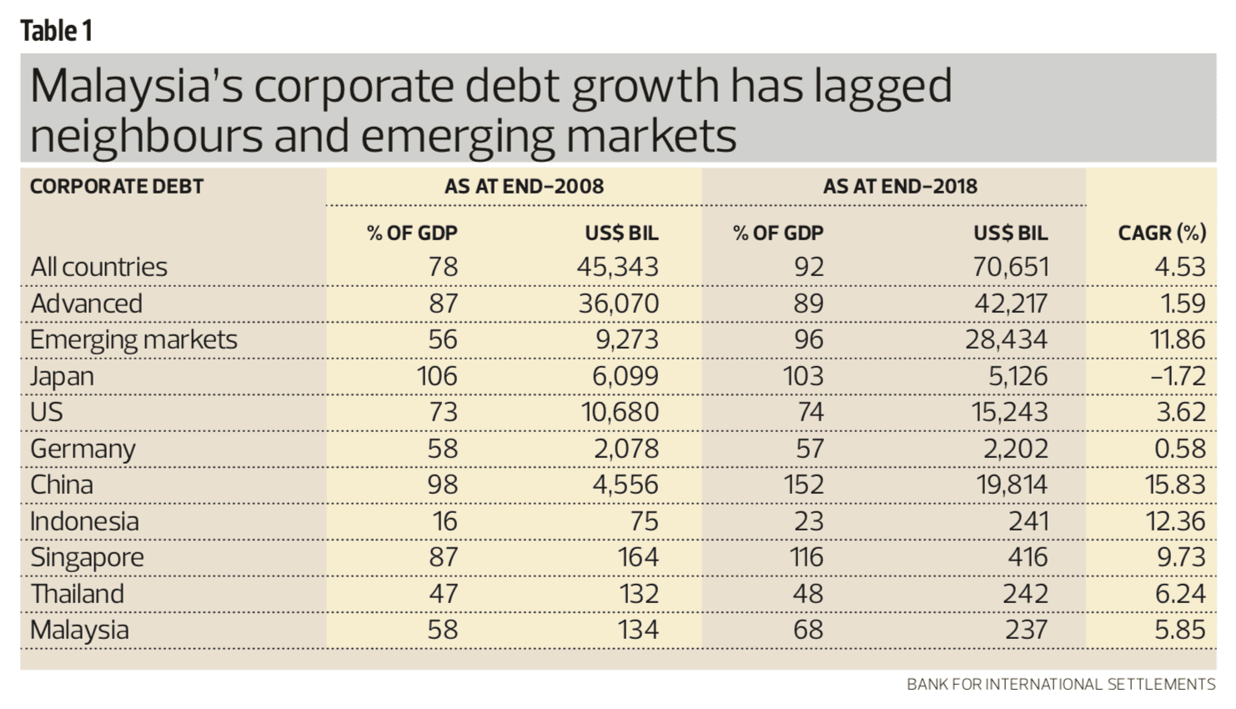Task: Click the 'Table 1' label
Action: click(56, 31)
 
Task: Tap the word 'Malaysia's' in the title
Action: click(137, 87)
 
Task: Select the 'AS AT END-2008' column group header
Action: click(524, 186)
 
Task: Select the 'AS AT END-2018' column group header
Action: click(900, 186)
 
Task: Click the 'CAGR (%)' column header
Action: click(1162, 233)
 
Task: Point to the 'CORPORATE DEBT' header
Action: click(117, 186)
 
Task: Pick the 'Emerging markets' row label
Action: click(133, 339)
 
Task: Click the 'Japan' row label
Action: click(62, 376)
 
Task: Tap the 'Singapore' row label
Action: click(87, 557)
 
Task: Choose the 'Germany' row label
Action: click(83, 449)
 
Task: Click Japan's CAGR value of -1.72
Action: click(1178, 376)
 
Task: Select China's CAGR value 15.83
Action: click(1175, 485)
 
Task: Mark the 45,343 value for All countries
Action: click(617, 267)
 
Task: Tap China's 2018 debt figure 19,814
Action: click(1012, 485)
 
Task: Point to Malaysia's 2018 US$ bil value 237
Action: click(1026, 630)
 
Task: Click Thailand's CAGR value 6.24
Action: click(1180, 594)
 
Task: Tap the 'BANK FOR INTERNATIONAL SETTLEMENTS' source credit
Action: click(1061, 685)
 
